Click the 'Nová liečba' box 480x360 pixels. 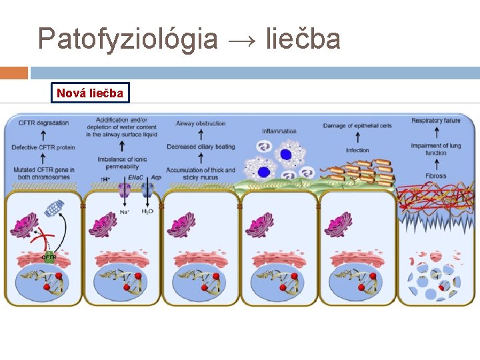(x=90, y=93)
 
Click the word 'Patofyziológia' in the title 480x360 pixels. (x=127, y=39)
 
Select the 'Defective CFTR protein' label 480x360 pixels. (x=43, y=147)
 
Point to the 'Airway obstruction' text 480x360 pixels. (x=201, y=123)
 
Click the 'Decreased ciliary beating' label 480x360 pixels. (x=201, y=147)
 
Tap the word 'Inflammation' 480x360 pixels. (x=279, y=131)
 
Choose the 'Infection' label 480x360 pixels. (x=357, y=150)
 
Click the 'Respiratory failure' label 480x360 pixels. (x=436, y=121)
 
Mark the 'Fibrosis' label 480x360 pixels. (x=435, y=176)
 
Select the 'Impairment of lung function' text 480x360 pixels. (x=436, y=149)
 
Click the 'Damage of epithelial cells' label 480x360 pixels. (x=357, y=125)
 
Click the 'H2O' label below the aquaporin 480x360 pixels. (x=147, y=211)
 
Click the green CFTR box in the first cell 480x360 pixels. (x=49, y=255)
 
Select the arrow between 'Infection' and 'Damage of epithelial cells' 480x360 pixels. (x=357, y=137)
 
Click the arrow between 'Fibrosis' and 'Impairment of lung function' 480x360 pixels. (x=435, y=164)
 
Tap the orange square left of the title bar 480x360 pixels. (x=14, y=73)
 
